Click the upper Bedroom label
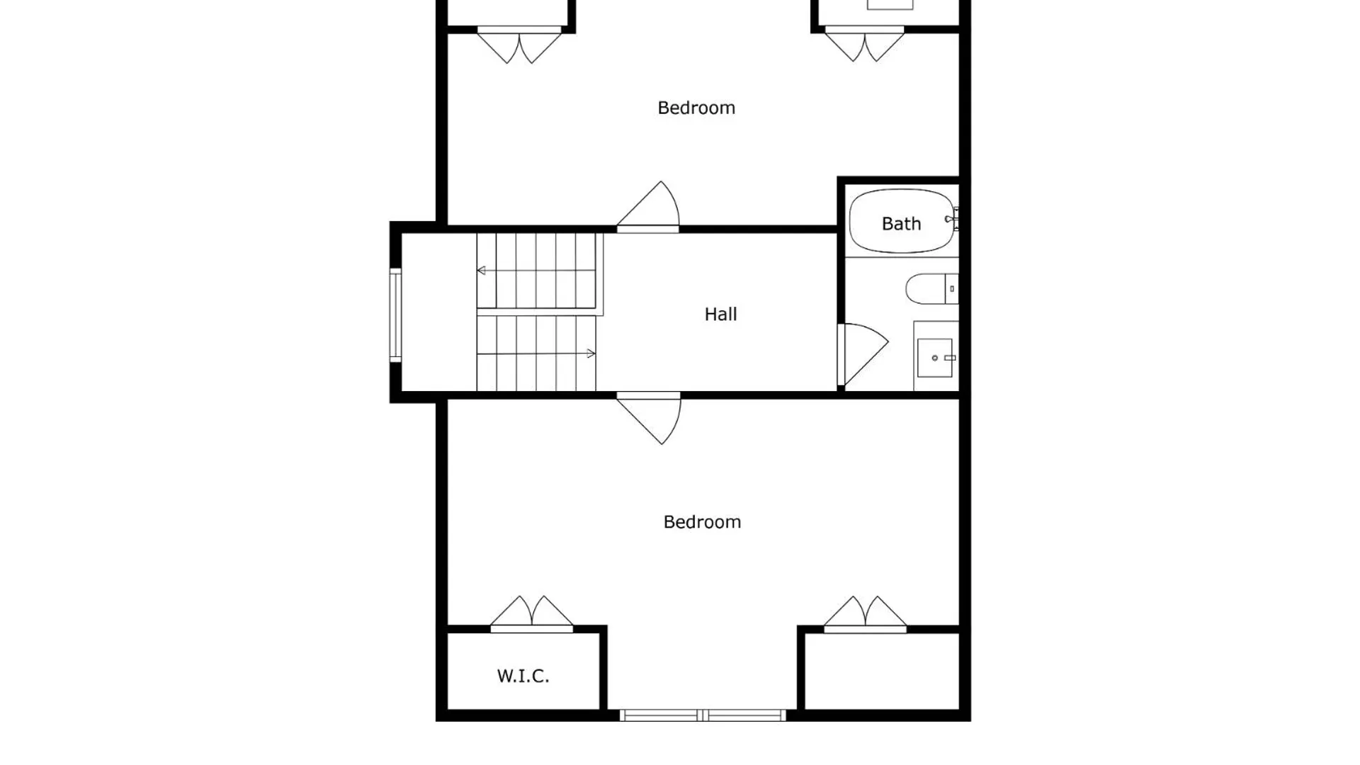click(x=696, y=108)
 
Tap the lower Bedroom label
click(x=702, y=522)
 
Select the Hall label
click(x=720, y=314)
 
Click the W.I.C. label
click(x=523, y=676)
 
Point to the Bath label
click(x=901, y=224)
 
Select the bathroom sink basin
click(x=935, y=358)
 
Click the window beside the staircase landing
click(x=395, y=315)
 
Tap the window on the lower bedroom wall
click(x=703, y=715)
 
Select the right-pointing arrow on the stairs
click(x=536, y=353)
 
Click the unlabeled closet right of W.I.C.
click(x=882, y=671)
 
